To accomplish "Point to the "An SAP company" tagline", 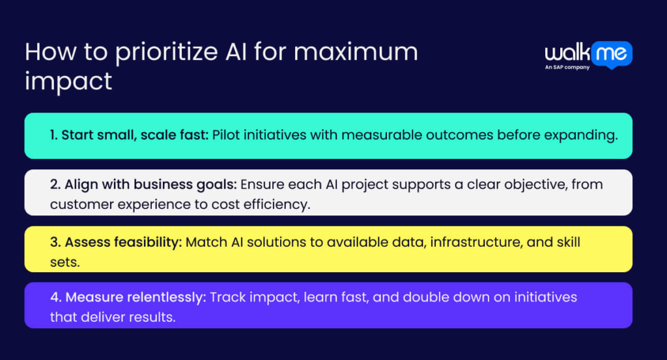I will (567, 67).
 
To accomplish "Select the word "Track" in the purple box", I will (229, 298).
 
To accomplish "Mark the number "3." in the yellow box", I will (55, 242).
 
